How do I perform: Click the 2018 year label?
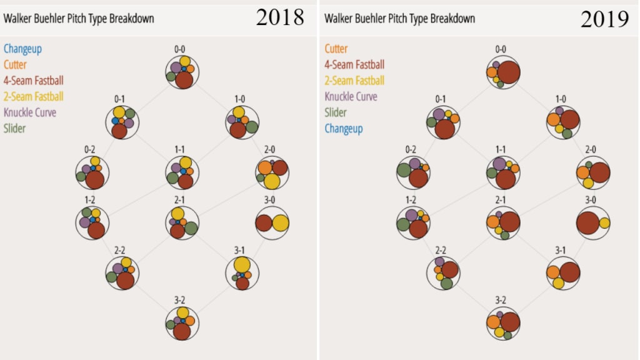pyautogui.click(x=280, y=17)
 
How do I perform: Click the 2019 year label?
pyautogui.click(x=604, y=19)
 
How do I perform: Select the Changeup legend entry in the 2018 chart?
pyautogui.click(x=23, y=48)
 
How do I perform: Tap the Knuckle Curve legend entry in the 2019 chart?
pyautogui.click(x=351, y=96)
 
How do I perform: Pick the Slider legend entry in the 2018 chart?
pyautogui.click(x=15, y=129)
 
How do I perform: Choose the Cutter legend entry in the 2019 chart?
pyautogui.click(x=336, y=48)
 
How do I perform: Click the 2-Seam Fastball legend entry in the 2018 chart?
pyautogui.click(x=34, y=96)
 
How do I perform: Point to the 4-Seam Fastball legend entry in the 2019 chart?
pyautogui.click(x=354, y=64)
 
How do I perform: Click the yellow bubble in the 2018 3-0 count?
pyautogui.click(x=280, y=223)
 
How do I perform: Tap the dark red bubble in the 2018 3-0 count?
pyautogui.click(x=264, y=223)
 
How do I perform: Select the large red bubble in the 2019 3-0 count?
pyautogui.click(x=587, y=223)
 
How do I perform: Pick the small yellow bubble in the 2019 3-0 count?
pyautogui.click(x=604, y=223)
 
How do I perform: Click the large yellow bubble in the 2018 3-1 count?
pyautogui.click(x=242, y=265)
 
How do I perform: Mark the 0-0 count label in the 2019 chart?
pyautogui.click(x=501, y=49)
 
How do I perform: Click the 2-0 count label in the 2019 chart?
pyautogui.click(x=590, y=149)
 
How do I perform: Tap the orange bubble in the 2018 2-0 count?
pyautogui.click(x=264, y=167)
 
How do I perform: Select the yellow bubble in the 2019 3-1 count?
pyautogui.click(x=558, y=283)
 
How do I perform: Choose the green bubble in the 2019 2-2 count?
pyautogui.click(x=446, y=283)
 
